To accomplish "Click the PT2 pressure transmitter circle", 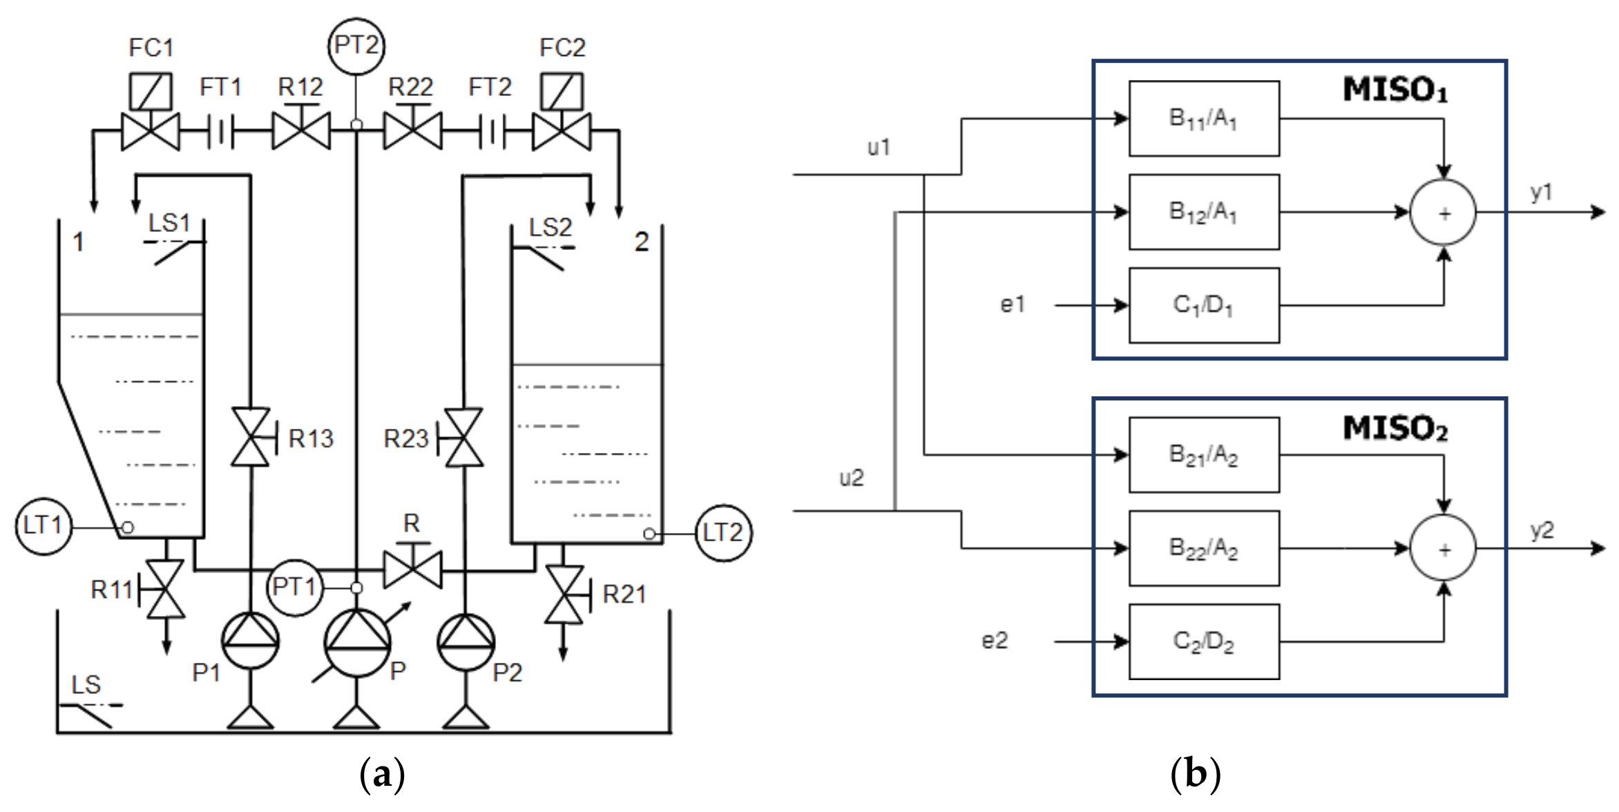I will point(356,46).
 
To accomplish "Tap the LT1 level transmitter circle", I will point(43,526).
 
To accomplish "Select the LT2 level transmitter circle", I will point(723,533).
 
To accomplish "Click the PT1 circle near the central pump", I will point(295,588).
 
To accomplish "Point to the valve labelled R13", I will point(251,437).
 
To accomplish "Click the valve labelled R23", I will point(463,437).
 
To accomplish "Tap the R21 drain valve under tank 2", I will point(564,594).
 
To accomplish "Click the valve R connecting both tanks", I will point(413,570).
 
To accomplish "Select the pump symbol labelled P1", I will point(251,641).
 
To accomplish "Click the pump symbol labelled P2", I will point(466,642).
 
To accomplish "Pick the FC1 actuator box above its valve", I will point(151,92).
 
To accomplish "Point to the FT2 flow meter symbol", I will point(492,131).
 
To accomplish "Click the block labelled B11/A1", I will point(1204,119).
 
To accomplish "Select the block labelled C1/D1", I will point(1204,305).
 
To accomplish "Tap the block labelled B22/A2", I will point(1204,548).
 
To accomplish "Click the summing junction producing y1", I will point(1443,212).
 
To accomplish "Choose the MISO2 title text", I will point(1395,428).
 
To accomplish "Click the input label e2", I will point(995,641).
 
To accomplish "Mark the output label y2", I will point(1542,530).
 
